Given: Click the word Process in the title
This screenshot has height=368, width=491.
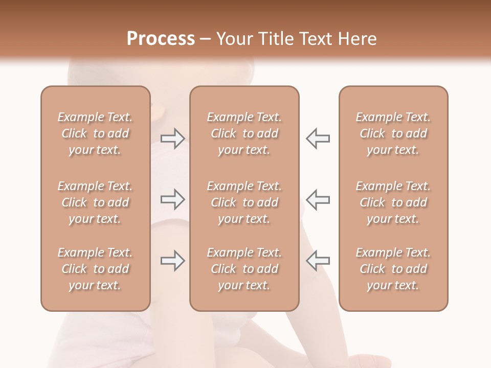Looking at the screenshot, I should [161, 39].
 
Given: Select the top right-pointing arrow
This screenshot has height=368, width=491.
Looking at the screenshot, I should [173, 139].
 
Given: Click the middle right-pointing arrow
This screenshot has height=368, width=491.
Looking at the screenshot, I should [173, 199].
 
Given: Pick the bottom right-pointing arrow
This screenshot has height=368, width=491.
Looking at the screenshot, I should [173, 260].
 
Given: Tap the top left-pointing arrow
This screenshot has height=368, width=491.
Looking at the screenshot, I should [318, 139].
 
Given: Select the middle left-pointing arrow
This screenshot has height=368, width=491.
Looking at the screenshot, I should [318, 199].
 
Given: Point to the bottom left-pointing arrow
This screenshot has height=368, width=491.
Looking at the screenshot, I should [318, 260].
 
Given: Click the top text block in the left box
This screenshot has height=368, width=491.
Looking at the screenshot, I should [95, 133].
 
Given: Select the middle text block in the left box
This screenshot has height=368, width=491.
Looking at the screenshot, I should [95, 202].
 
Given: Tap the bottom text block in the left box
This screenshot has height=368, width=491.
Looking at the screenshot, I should [95, 269].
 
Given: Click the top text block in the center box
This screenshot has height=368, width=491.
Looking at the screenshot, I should [244, 133].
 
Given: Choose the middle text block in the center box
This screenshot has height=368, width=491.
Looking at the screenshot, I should [244, 202].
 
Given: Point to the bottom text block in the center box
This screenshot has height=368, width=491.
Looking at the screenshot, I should [244, 269].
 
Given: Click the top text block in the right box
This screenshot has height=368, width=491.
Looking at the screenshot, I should [393, 133].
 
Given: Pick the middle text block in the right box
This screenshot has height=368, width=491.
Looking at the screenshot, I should [393, 202].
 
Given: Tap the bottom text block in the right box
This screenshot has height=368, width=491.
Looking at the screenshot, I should [393, 269].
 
